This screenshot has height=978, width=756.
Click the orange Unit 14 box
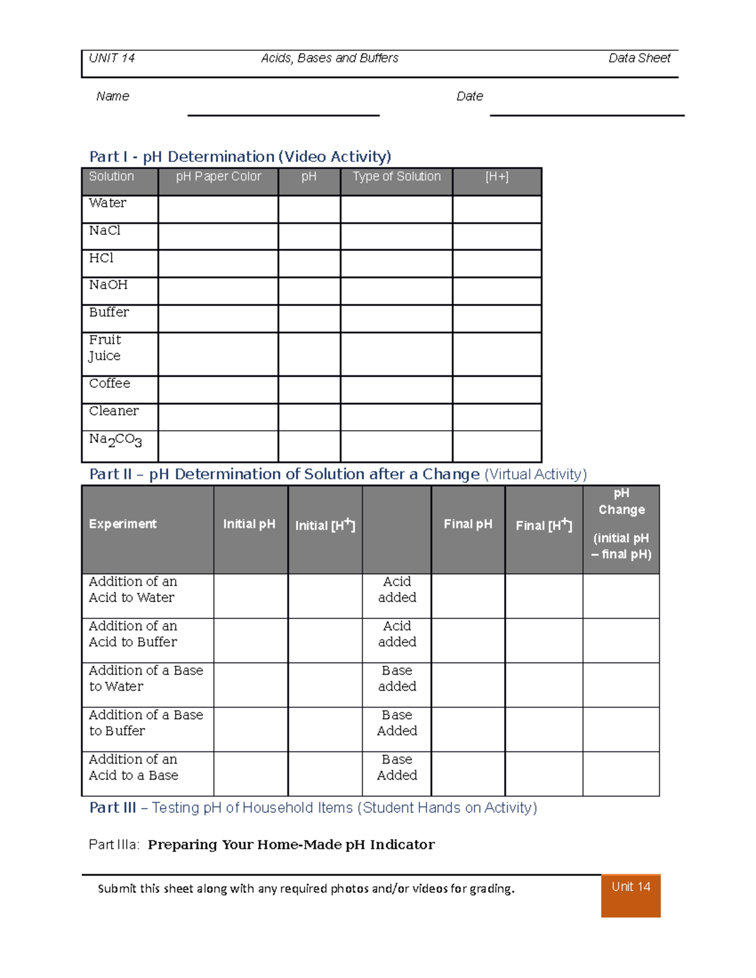[x=631, y=895]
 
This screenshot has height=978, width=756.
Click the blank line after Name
[x=283, y=115]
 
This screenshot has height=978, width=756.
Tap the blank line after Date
[x=587, y=115]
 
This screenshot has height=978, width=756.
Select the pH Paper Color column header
[x=218, y=177]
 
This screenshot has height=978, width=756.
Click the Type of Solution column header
[x=396, y=177]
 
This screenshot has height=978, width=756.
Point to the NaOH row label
[x=108, y=285]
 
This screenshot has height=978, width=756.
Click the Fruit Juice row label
[x=105, y=348]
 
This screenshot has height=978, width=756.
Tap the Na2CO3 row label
[x=115, y=440]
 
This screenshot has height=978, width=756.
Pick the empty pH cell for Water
[x=309, y=209]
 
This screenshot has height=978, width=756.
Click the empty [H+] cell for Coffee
[x=496, y=390]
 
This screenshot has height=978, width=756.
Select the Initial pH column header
[x=249, y=524]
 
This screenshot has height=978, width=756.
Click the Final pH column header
[x=467, y=524]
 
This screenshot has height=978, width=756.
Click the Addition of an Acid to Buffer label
[x=133, y=634]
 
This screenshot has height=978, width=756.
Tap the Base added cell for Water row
[x=397, y=679]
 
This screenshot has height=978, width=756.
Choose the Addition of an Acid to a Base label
[x=134, y=768]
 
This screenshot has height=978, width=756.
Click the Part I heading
[x=240, y=157]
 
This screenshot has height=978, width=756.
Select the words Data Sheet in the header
[x=639, y=59]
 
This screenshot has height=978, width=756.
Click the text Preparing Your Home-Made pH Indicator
[x=291, y=844]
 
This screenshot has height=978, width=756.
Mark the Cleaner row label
[x=114, y=411]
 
